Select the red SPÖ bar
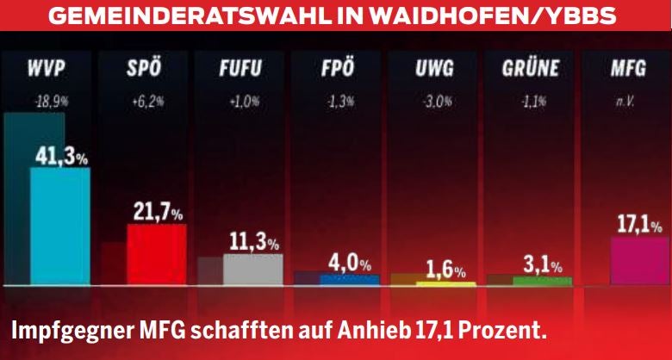click(x=156, y=254)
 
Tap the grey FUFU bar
click(x=252, y=269)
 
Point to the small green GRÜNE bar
click(x=542, y=281)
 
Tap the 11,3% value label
click(x=254, y=241)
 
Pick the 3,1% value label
click(x=543, y=264)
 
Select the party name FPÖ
click(x=333, y=68)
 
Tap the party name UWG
click(x=430, y=68)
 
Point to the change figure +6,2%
click(x=143, y=101)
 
